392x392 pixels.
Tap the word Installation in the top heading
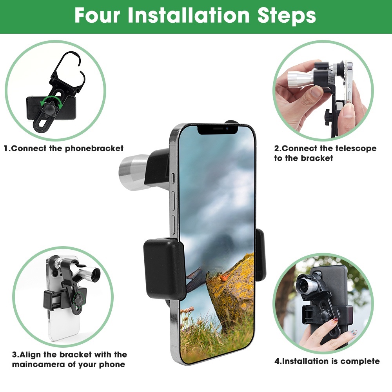coord(189,16)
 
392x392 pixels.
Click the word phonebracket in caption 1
coord(94,149)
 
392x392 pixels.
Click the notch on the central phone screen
coord(218,129)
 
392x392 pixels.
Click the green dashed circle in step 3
coord(80,298)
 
